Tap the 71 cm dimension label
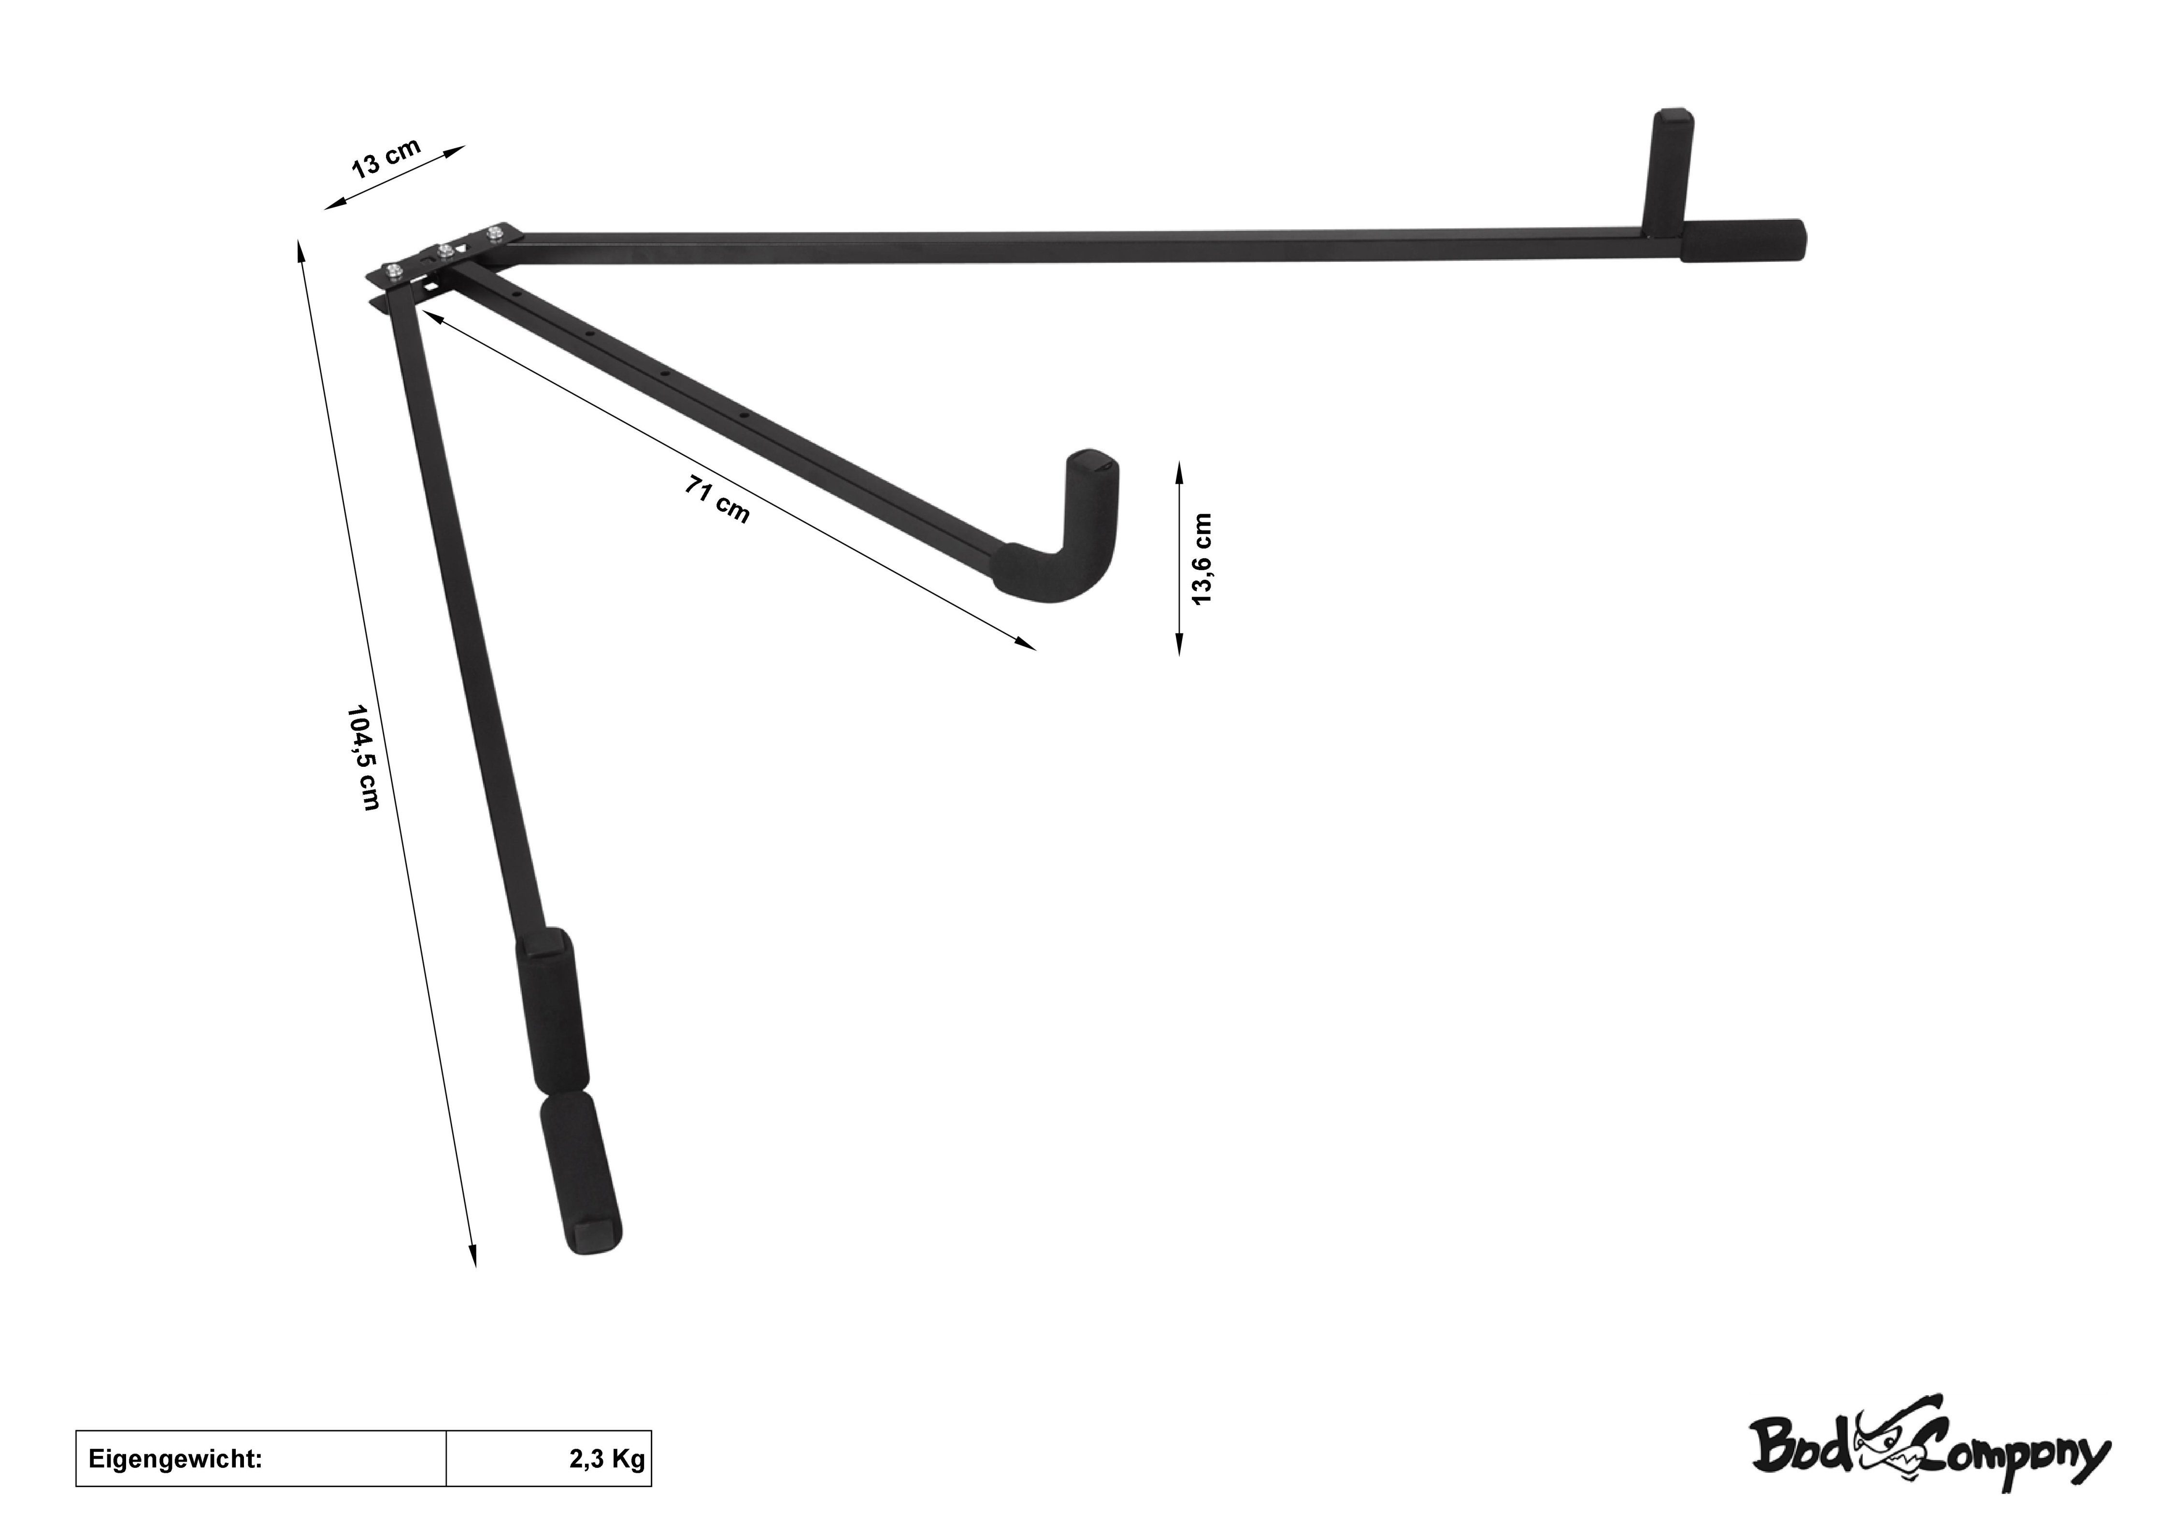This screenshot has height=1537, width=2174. (x=717, y=500)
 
